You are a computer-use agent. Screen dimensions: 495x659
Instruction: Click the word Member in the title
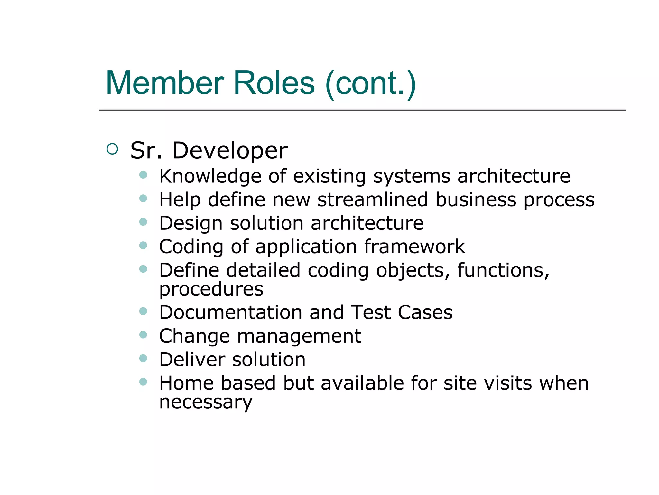pos(164,83)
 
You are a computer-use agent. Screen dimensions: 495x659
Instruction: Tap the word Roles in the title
pos(274,83)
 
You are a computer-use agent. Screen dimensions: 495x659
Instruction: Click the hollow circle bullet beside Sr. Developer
pos(112,149)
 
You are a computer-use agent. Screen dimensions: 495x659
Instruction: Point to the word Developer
pos(230,150)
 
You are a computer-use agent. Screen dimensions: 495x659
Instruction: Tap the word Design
pos(191,224)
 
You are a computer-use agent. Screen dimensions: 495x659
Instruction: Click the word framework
pos(414,247)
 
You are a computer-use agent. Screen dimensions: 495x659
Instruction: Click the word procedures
pos(211,289)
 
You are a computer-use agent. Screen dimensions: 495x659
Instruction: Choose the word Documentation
pos(231,313)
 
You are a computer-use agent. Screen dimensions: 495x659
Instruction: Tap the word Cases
pos(425,313)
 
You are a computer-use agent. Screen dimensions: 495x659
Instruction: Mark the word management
pos(299,336)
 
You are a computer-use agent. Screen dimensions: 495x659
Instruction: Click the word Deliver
pos(192,360)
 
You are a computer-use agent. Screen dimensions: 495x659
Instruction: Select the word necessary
pos(206,402)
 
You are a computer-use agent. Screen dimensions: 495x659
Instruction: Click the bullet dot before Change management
pos(143,335)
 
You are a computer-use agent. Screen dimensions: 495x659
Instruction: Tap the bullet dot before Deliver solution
pos(143,358)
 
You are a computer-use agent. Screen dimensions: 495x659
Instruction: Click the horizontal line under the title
pos(362,110)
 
